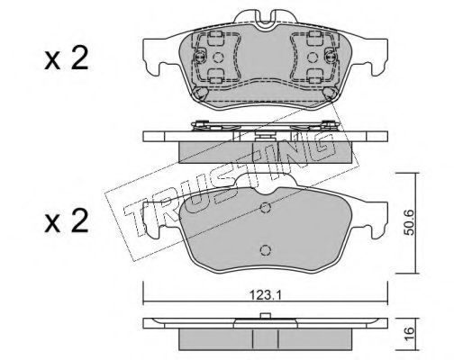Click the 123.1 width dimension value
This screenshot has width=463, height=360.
[x=265, y=296]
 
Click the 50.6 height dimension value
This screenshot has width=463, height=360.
[x=410, y=222]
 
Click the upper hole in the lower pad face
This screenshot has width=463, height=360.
[x=266, y=207]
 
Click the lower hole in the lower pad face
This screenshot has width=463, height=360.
[x=266, y=250]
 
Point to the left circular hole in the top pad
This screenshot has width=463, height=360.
[x=218, y=58]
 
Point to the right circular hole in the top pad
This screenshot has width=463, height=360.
[x=313, y=58]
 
